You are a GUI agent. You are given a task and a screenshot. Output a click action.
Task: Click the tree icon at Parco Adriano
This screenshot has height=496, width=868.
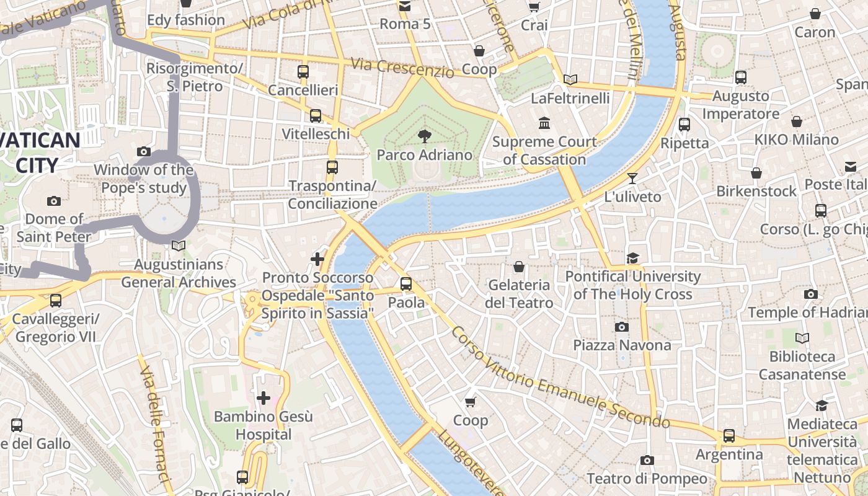coord(425,136)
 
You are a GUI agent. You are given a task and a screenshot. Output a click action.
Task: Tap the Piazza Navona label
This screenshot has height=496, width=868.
coord(622,345)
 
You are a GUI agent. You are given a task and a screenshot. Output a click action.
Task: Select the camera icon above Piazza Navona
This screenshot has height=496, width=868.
coord(622,327)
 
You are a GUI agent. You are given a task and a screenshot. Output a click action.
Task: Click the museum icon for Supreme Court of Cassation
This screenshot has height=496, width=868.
coord(544,123)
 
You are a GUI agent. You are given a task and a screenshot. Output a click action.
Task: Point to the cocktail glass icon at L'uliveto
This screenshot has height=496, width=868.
coord(632,179)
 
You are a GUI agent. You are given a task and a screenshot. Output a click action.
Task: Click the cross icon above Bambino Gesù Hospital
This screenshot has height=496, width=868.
coord(263,397)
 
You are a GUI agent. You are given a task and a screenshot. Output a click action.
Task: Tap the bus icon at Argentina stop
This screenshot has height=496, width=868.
coord(729,436)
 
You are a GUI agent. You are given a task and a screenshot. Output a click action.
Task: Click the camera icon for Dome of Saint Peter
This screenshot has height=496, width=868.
coord(54,200)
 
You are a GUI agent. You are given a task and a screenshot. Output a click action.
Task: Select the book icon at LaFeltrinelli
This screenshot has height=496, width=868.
coord(570,79)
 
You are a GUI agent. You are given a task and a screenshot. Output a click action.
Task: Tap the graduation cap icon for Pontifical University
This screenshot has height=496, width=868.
coord(632,258)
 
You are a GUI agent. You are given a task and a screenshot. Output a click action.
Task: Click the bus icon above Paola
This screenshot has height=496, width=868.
coord(406,284)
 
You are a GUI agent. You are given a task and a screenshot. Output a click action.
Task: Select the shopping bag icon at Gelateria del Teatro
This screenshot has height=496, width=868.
coord(519,267)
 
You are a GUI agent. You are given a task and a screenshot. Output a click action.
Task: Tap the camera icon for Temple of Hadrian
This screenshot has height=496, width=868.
coord(810,294)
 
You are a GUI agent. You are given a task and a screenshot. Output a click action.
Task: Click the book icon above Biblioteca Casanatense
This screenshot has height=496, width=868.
coord(802,339)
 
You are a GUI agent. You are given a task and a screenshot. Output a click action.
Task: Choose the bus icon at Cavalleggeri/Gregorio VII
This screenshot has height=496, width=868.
coord(56,301)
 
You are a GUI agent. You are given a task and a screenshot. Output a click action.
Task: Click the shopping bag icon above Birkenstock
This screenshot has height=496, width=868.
coord(756,172)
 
